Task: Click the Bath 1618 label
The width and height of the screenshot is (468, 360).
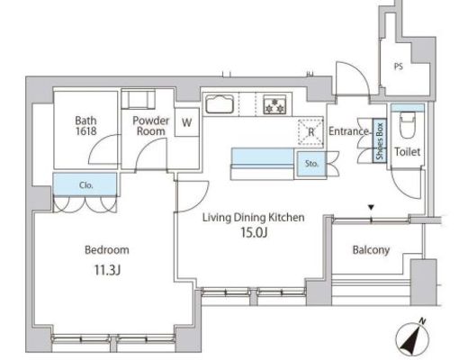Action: [x=85, y=126]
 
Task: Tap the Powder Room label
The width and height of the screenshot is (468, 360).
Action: [x=151, y=126]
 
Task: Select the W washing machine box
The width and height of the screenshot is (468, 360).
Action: [x=187, y=122]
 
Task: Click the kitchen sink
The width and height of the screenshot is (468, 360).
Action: [x=220, y=104]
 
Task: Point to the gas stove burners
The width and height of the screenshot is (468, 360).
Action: [x=274, y=104]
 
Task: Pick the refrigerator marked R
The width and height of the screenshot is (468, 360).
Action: [x=310, y=132]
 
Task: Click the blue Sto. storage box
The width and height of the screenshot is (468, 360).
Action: [x=311, y=164]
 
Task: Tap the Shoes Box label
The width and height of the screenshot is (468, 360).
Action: [x=380, y=141]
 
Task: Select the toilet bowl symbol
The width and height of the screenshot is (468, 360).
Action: [x=408, y=125]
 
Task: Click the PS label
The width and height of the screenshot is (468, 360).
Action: [x=399, y=67]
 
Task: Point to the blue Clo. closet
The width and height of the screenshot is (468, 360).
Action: [x=85, y=184]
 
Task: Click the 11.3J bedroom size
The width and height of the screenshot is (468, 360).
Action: [x=107, y=270]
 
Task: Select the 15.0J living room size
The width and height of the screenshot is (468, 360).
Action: [x=254, y=232]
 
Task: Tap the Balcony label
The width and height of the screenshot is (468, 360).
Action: [x=371, y=250]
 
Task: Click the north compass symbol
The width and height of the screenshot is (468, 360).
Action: [x=412, y=337]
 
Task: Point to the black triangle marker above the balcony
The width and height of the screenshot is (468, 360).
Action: [x=372, y=207]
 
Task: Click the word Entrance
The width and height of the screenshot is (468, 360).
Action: [x=348, y=131]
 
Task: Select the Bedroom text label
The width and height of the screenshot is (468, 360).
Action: [x=107, y=250]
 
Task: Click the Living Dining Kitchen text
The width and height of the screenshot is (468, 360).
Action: [x=254, y=218]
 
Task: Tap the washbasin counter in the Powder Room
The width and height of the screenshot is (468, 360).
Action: [x=139, y=99]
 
